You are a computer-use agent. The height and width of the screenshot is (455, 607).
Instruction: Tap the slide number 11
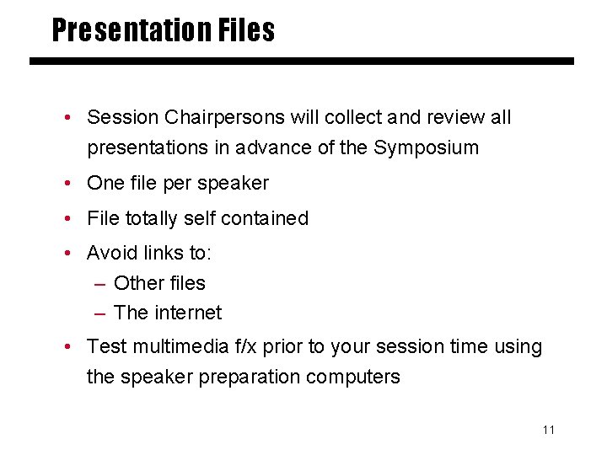pos(549,431)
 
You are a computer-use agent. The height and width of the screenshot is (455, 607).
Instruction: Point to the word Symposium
pos(426,148)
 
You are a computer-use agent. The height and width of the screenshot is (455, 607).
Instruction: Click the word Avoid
pos(113,253)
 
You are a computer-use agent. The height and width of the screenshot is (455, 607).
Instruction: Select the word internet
pos(188,313)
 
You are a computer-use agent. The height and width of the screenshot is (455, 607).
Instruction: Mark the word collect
pos(352,117)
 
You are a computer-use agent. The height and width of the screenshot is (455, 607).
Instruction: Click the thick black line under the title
pos(302,62)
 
